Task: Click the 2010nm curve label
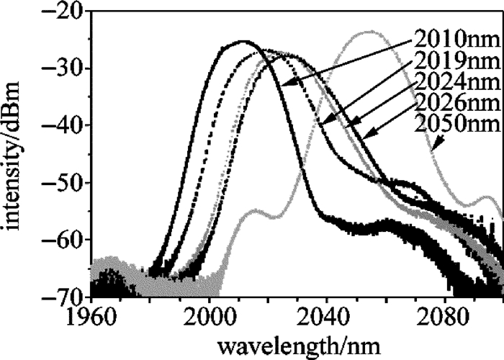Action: (x=448, y=37)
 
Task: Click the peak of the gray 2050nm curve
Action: (x=370, y=32)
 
